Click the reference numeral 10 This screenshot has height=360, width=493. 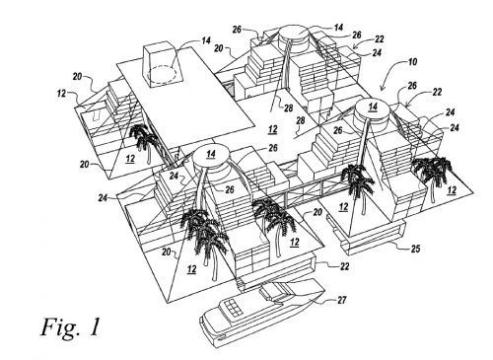click(x=412, y=61)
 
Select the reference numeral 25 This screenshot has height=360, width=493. click(x=415, y=249)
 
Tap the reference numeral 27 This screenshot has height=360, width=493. click(x=341, y=300)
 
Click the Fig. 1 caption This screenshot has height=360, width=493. click(x=70, y=327)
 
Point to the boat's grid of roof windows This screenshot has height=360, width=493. click(x=232, y=307)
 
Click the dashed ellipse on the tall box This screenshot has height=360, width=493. click(x=162, y=74)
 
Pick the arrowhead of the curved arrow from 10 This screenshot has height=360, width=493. click(x=382, y=88)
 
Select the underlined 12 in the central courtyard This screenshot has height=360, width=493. click(x=272, y=129)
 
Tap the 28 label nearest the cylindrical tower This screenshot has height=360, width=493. click(x=288, y=108)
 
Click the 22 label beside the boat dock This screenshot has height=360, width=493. click(x=344, y=265)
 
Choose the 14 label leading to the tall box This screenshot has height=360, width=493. click(x=206, y=40)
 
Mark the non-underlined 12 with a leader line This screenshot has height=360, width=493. click(x=61, y=94)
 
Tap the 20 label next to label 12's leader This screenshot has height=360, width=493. click(x=78, y=77)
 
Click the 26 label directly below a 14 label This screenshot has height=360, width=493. click(x=356, y=35)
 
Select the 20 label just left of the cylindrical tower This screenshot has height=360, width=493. click(x=219, y=48)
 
